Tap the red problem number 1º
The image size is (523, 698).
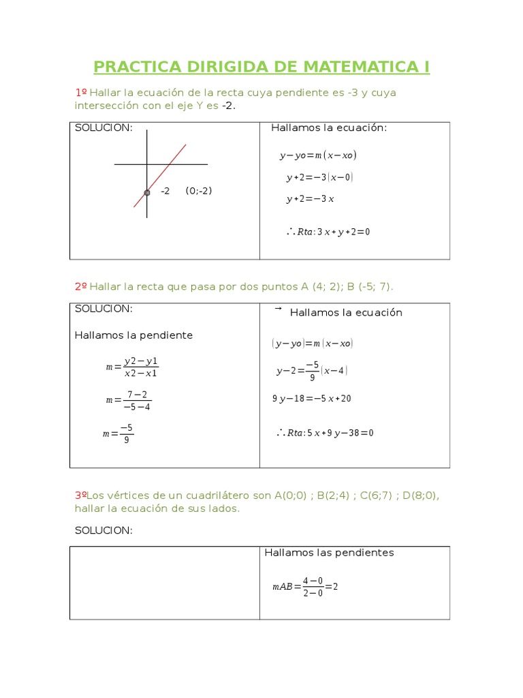(81, 93)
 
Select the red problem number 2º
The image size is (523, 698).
(80, 287)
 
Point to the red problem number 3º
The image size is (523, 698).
(81, 496)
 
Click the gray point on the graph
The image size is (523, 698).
(147, 193)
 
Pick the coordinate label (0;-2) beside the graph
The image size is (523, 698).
(199, 191)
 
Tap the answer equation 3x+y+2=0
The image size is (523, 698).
(328, 232)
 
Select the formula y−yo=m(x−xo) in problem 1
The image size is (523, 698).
(318, 155)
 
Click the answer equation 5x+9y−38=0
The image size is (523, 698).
(326, 433)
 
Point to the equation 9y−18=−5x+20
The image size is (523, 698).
(312, 399)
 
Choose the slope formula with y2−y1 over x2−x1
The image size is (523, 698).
(132, 367)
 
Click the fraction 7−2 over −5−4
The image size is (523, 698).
(137, 401)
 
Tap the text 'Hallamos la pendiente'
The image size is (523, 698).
(133, 335)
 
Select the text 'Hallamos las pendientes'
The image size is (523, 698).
(329, 553)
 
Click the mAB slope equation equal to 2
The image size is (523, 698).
(305, 587)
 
